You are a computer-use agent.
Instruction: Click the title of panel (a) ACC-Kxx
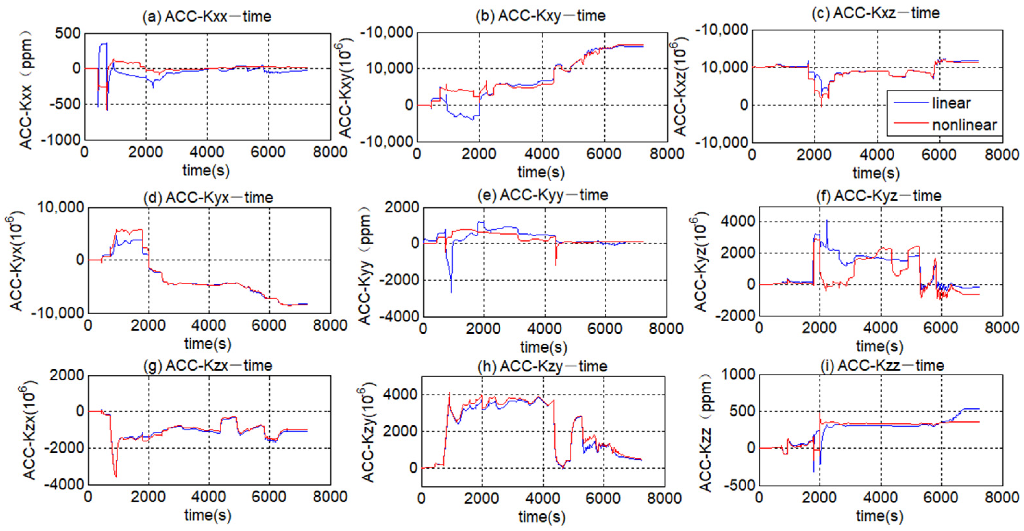(x=207, y=17)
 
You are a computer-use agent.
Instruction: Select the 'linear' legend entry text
(x=951, y=103)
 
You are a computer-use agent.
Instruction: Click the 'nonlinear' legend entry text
(x=964, y=125)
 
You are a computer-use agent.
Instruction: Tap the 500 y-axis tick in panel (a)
(x=68, y=33)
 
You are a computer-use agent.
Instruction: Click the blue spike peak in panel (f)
(x=827, y=221)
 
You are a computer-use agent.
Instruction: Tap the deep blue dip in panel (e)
(x=451, y=292)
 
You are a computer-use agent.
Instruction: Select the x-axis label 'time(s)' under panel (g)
(x=207, y=515)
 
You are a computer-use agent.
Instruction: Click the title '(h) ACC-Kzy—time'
(x=543, y=366)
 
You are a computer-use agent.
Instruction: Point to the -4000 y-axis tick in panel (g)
(x=64, y=485)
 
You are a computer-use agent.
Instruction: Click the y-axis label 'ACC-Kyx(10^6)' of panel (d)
(x=16, y=260)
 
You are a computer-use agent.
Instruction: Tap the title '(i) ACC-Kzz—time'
(x=882, y=365)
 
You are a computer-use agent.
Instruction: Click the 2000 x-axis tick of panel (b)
(x=479, y=154)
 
